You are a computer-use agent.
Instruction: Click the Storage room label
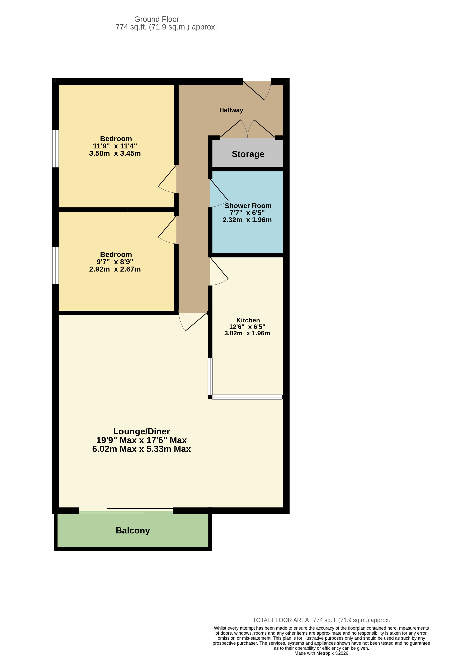pos(248,154)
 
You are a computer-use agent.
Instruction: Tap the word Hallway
pos(231,110)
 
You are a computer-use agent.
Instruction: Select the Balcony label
pos(133,530)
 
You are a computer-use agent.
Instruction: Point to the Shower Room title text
pos(248,206)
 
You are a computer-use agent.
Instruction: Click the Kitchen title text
pos(248,320)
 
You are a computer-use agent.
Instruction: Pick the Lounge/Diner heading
pos(141,431)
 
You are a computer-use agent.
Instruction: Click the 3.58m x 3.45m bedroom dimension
pos(115,153)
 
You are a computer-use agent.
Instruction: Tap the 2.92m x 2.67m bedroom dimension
pos(115,269)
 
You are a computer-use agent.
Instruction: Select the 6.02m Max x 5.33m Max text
pos(141,449)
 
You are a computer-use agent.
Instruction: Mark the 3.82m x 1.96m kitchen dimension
pos(247,333)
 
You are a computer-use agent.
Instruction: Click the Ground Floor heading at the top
pos(157,19)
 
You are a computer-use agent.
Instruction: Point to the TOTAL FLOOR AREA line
pos(321,620)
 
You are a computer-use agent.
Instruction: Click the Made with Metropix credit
pos(321,653)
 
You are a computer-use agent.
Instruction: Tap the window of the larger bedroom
pos(56,149)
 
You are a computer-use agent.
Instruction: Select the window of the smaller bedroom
pos(56,265)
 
